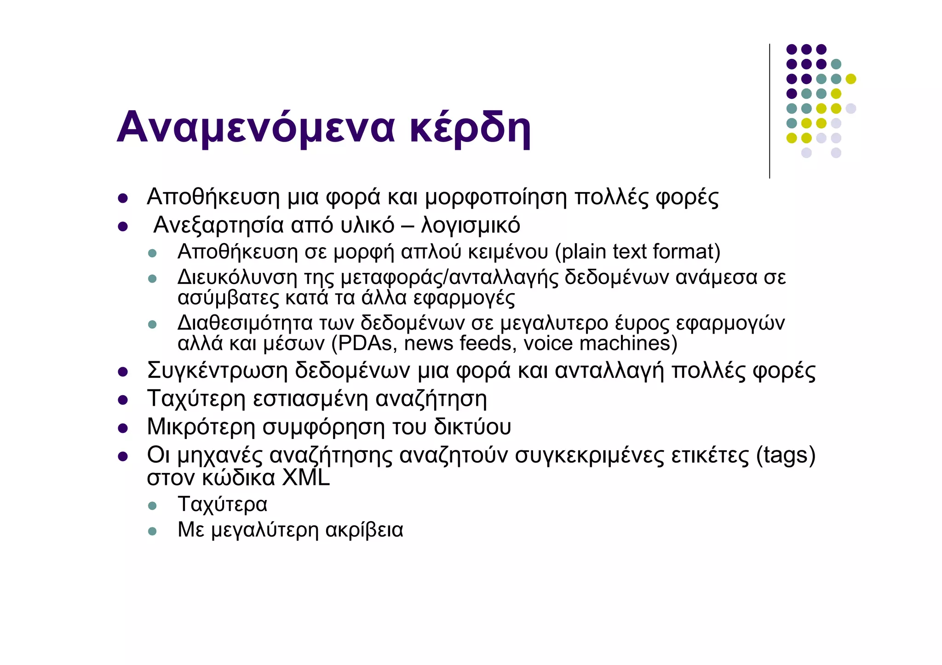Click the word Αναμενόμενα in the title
(x=256, y=127)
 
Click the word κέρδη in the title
(x=470, y=127)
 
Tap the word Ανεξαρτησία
(x=218, y=225)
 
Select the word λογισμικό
(x=471, y=225)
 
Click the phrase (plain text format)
(x=638, y=252)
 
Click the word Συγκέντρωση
(x=217, y=370)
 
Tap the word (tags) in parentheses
(x=786, y=455)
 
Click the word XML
(x=305, y=478)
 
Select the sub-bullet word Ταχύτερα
(x=222, y=504)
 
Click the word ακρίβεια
(x=364, y=530)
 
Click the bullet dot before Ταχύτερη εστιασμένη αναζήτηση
(x=122, y=400)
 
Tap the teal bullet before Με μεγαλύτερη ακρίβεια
(x=152, y=532)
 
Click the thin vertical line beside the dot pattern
(x=770, y=110)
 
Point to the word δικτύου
(x=472, y=427)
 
